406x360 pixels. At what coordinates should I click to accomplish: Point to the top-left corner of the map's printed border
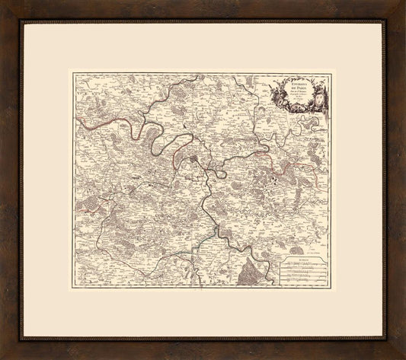tap(72, 72)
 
